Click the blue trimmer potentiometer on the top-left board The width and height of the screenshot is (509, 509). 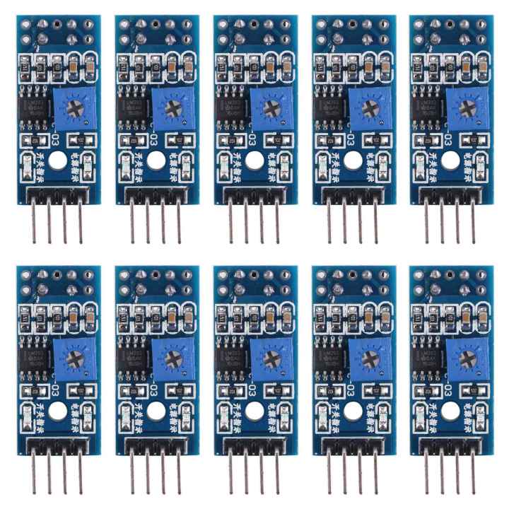pyautogui.click(x=74, y=108)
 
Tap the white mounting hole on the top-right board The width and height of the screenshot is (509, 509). pyautogui.click(x=451, y=160)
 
